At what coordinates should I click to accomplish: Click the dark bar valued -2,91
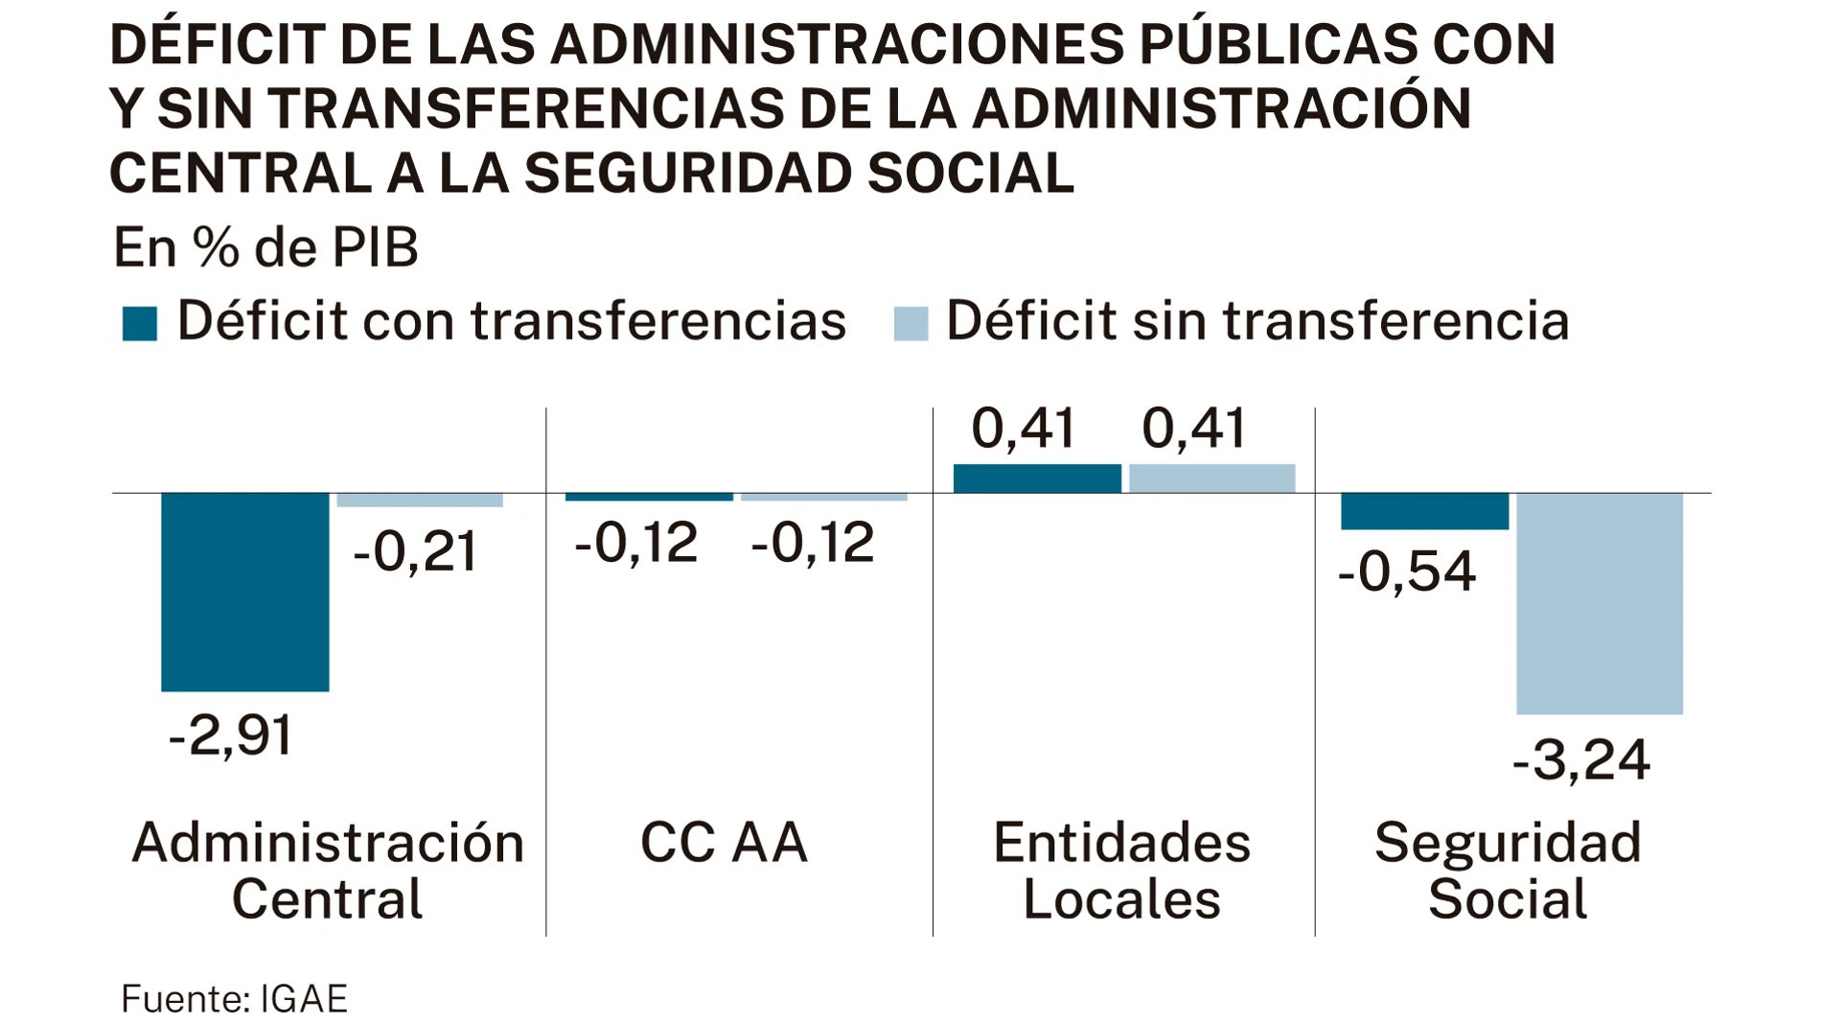click(x=244, y=592)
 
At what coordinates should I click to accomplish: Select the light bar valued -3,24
click(x=1599, y=603)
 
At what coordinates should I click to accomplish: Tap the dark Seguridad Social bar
click(x=1424, y=511)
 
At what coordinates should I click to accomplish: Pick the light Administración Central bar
click(x=420, y=501)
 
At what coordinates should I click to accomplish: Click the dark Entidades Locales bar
click(x=1037, y=478)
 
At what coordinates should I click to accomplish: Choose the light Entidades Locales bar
click(x=1211, y=478)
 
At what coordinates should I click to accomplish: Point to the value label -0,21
click(x=415, y=552)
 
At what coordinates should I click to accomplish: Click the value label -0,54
click(x=1406, y=571)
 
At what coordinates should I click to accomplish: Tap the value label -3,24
click(x=1581, y=760)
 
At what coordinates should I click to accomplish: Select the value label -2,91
click(x=230, y=736)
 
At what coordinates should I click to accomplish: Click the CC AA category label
click(x=724, y=843)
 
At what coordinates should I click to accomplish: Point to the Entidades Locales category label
click(x=1121, y=871)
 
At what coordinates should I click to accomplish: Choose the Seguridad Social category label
click(x=1508, y=871)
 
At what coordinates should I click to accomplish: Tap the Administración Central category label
click(x=328, y=871)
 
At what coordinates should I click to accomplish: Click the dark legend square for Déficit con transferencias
click(x=140, y=323)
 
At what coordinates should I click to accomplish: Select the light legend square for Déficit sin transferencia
click(x=910, y=323)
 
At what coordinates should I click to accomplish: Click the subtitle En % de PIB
click(x=265, y=248)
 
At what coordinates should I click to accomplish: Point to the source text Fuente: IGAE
click(x=234, y=999)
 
